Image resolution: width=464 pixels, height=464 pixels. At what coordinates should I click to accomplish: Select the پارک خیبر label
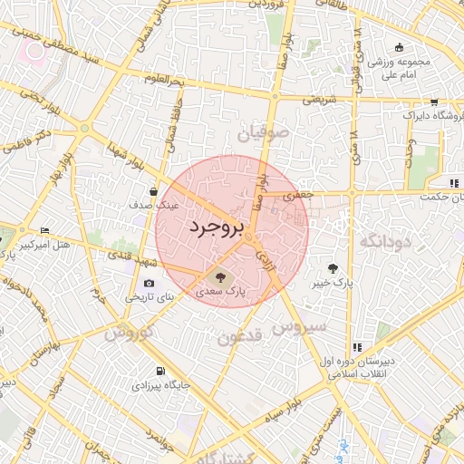(333, 284)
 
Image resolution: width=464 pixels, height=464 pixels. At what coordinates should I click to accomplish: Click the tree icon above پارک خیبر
(333, 268)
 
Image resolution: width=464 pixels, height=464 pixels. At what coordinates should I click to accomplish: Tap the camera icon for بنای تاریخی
(150, 283)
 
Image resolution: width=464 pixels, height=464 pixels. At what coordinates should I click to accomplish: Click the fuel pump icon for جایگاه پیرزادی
(160, 371)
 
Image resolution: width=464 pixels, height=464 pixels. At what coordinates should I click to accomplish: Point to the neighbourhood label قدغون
(239, 338)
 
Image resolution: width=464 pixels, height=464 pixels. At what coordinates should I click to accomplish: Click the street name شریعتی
(319, 99)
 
